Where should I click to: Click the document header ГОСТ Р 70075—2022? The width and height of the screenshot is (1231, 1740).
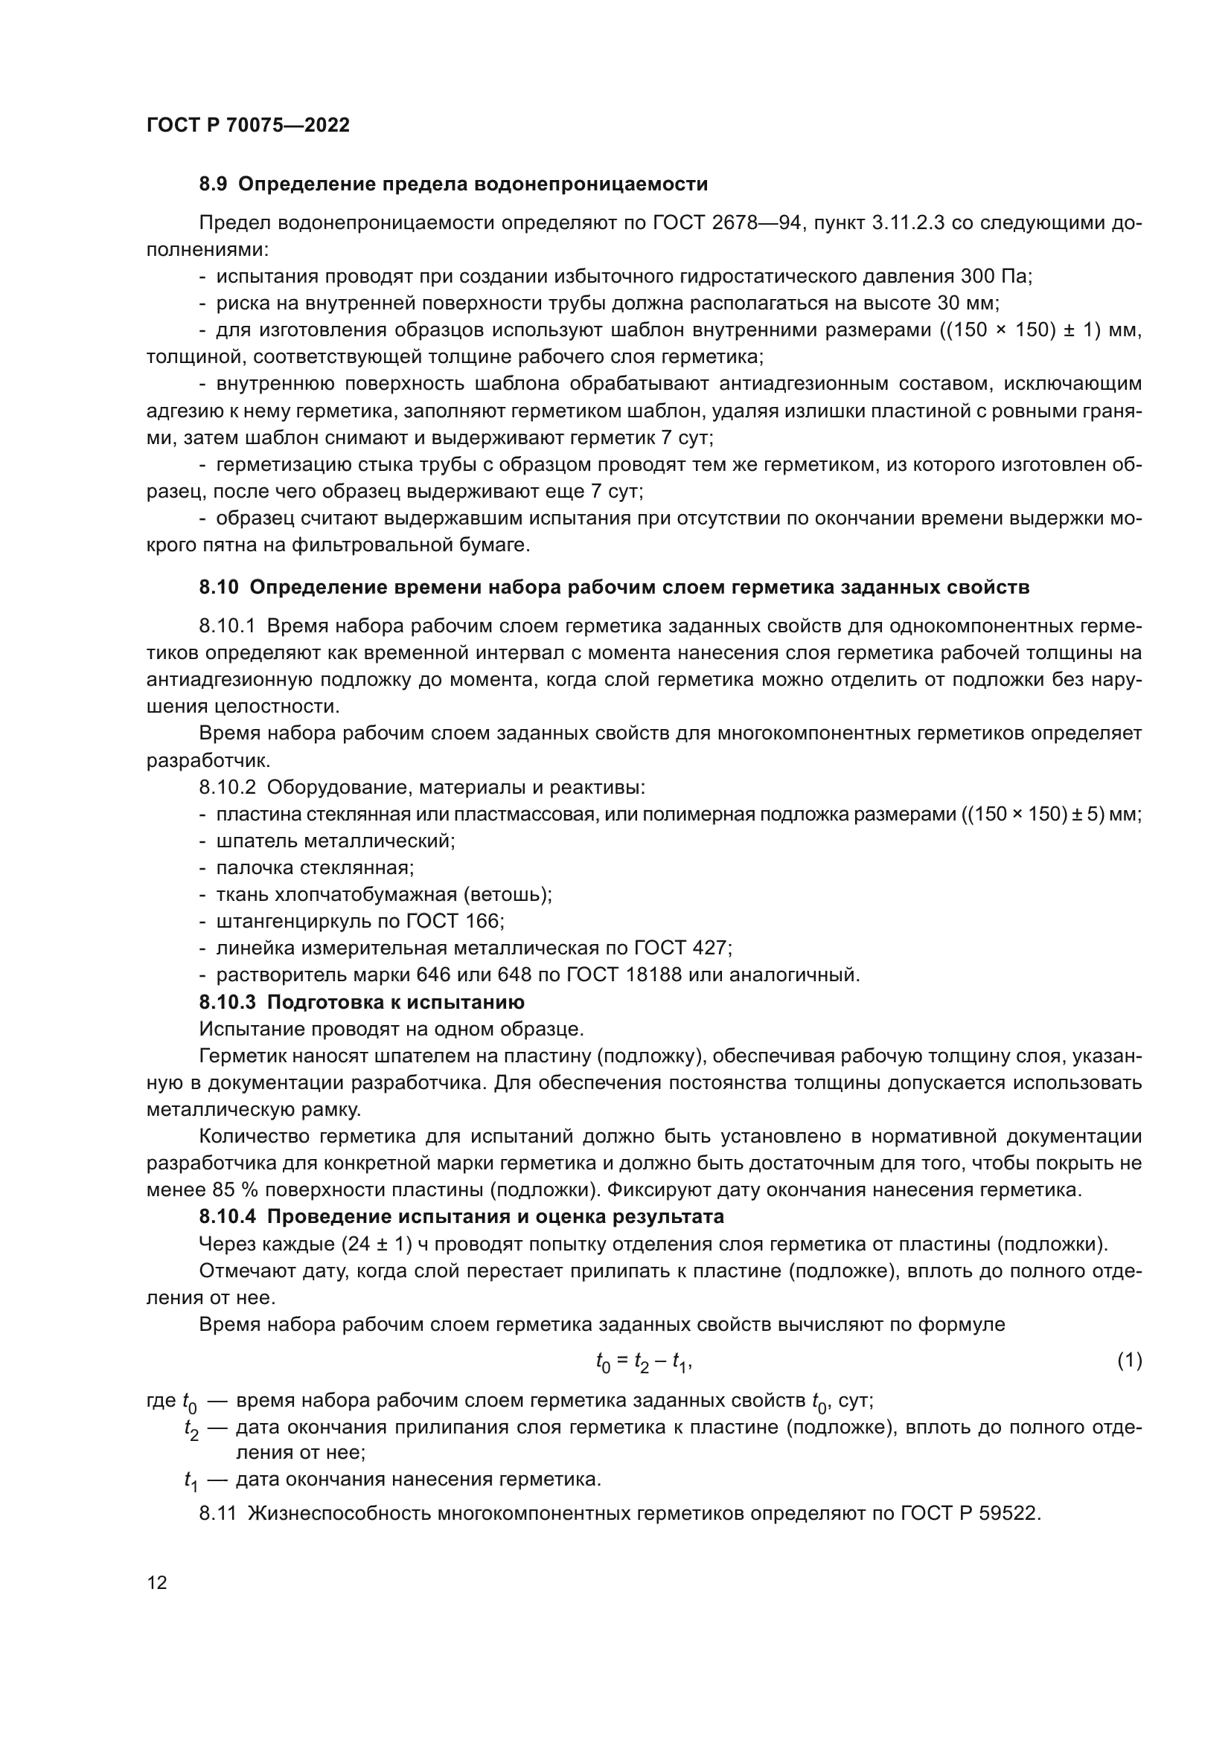point(248,126)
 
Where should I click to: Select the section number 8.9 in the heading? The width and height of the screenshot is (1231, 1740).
point(213,184)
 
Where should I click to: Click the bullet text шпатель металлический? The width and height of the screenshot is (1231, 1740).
point(336,841)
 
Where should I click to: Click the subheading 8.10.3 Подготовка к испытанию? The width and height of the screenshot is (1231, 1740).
point(362,1002)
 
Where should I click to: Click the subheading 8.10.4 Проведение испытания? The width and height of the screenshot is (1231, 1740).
point(461,1217)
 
